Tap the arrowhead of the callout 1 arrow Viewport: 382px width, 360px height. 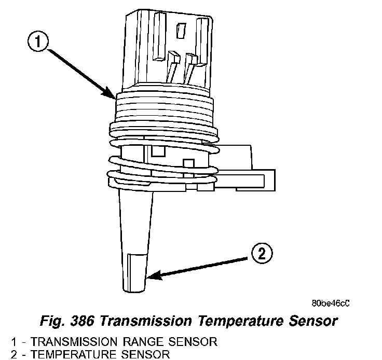click(x=116, y=97)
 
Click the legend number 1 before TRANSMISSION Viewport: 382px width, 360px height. click(x=13, y=342)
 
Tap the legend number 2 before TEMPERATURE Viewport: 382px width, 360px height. click(x=13, y=354)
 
